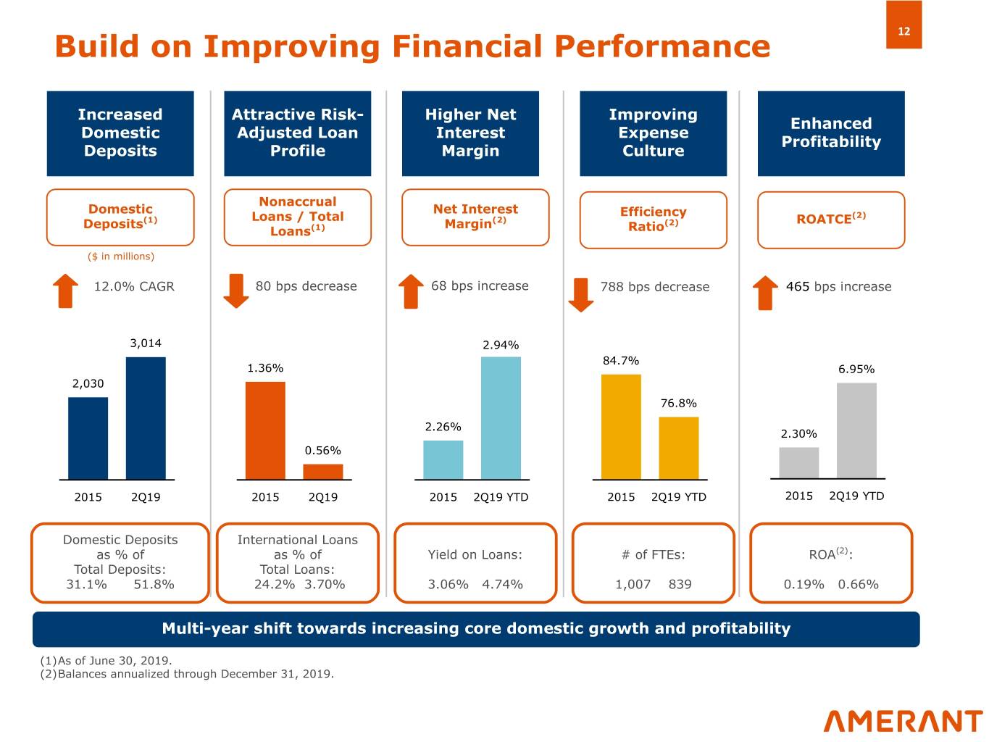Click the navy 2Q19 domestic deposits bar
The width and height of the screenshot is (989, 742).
pos(146,418)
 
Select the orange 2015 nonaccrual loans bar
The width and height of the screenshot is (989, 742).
pos(265,430)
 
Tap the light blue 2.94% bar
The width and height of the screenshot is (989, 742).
pos(501,418)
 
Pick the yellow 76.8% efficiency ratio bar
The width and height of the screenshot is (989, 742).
pos(679,448)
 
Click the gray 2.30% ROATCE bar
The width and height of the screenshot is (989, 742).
pos(798,463)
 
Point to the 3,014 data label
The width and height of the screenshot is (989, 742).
pos(146,343)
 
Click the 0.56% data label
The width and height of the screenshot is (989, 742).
pos(322,451)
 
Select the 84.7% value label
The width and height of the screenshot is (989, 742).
pos(621,360)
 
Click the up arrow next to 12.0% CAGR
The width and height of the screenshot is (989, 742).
pos(66,291)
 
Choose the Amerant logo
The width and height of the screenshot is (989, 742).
pos(903,720)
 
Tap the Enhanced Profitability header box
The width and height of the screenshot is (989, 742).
pos(831,133)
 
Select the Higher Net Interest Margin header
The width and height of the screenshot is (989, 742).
pos(470,133)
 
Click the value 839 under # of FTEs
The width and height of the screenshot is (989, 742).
pos(680,584)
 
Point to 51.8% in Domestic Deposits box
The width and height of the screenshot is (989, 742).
pos(154,584)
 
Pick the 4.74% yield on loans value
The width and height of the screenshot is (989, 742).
pos(502,584)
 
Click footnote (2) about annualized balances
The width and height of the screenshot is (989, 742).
pos(187,674)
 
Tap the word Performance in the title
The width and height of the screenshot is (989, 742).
pos(662,46)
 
